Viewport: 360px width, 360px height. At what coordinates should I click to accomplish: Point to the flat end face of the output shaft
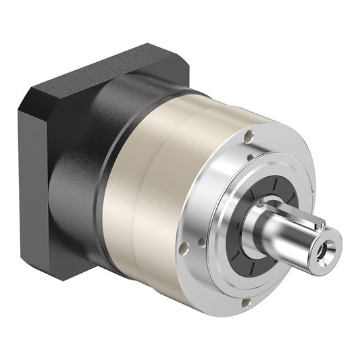pyautogui.click(x=326, y=245)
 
